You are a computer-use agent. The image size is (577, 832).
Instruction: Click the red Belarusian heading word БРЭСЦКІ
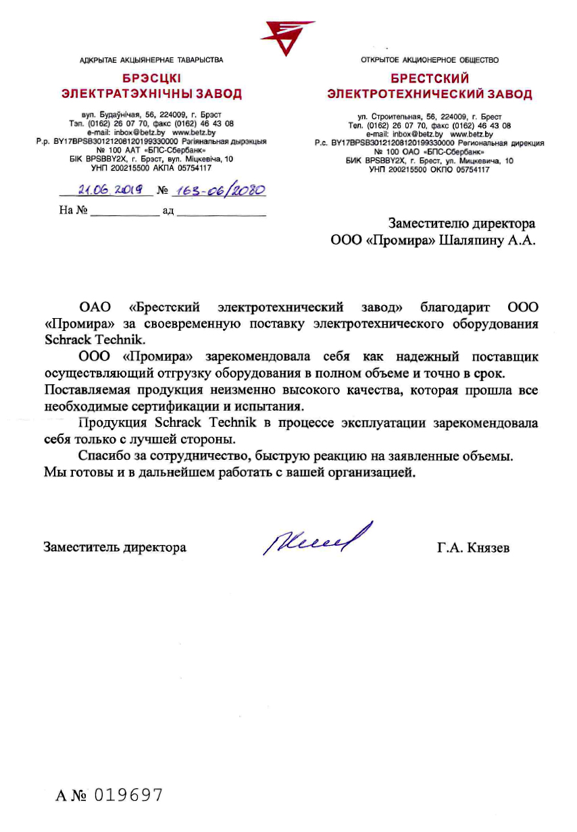(x=151, y=79)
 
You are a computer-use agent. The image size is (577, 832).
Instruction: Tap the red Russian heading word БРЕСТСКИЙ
(x=430, y=79)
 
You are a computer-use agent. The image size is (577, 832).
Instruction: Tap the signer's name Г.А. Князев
(x=473, y=548)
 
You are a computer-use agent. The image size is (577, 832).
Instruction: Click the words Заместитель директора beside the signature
(x=115, y=548)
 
